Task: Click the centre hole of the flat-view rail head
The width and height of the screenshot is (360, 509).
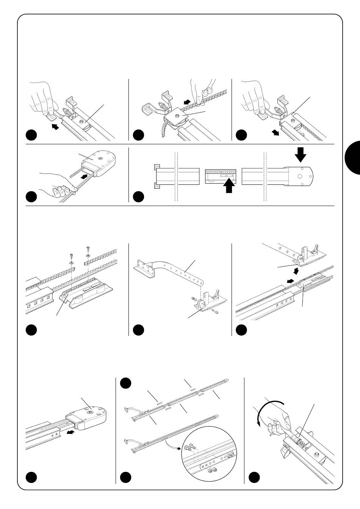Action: pos(299,176)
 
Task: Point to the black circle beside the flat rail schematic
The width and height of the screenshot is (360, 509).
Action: pos(138,186)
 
